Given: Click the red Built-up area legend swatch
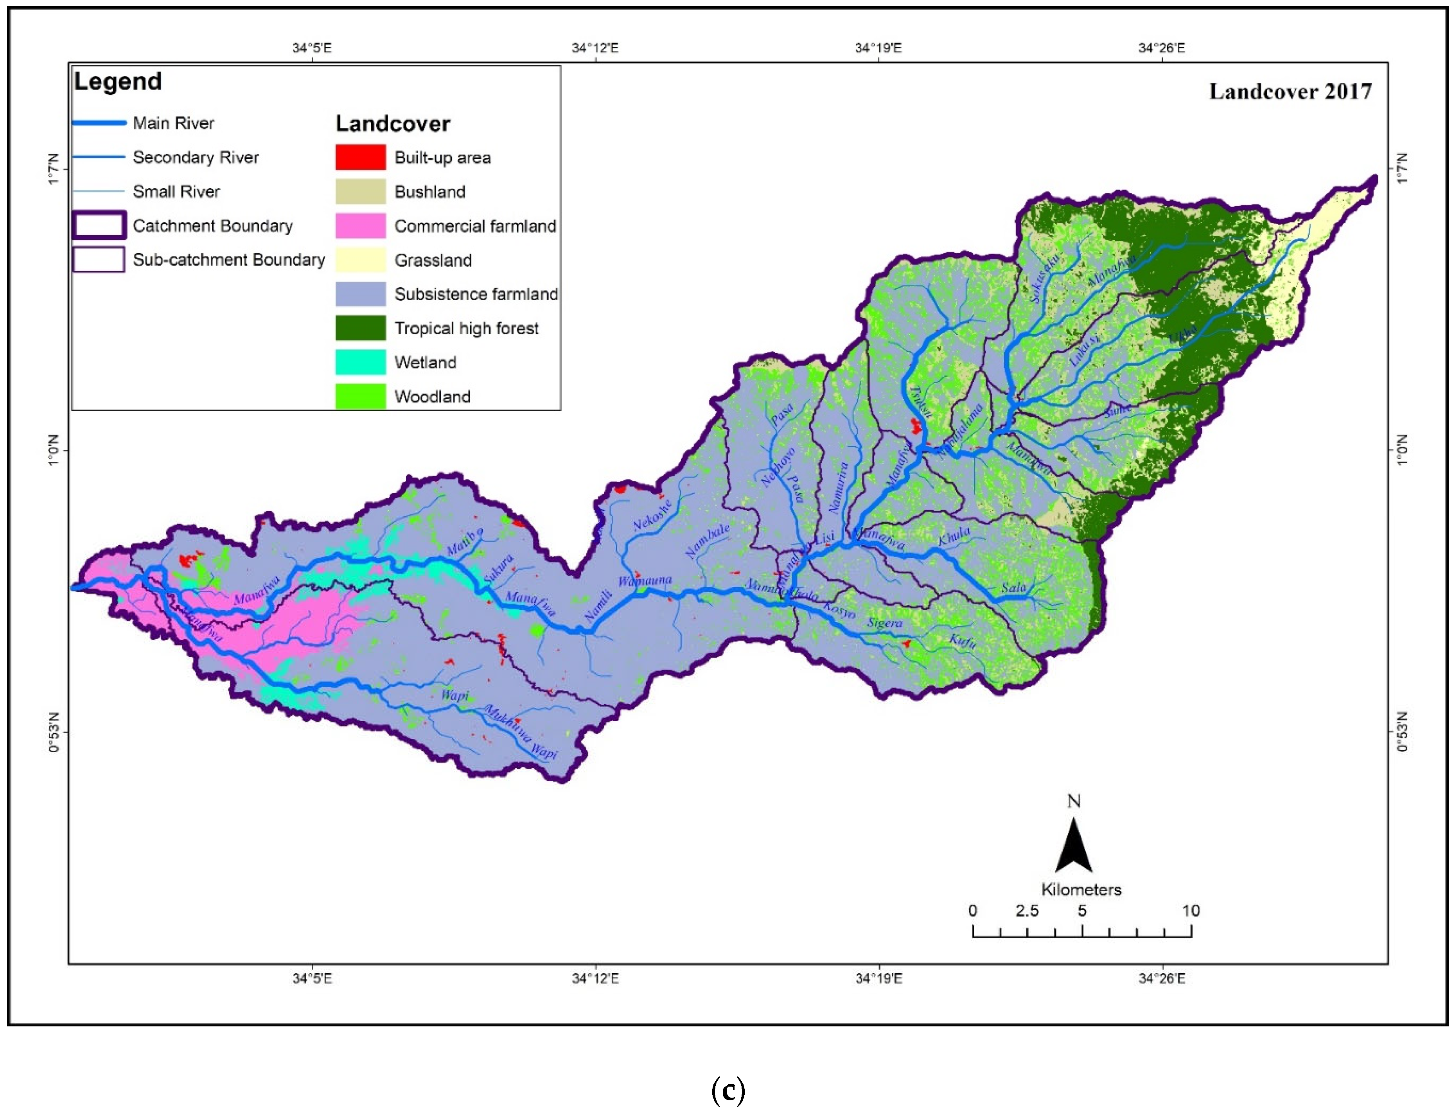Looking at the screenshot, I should [x=360, y=157].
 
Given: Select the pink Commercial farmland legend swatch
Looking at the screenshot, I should [x=360, y=225].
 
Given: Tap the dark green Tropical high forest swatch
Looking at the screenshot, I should [x=360, y=327].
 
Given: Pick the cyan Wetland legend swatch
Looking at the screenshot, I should [x=360, y=362].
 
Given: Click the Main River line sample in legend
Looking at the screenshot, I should [x=99, y=123].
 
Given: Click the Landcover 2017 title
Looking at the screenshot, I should [x=1290, y=92].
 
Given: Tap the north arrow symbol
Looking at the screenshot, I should [x=1073, y=845].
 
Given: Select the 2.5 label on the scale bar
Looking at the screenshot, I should [x=1027, y=911].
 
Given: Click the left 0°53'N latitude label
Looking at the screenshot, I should [x=54, y=732].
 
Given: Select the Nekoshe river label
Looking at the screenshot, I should [x=652, y=515].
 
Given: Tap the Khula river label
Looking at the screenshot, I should [x=954, y=536].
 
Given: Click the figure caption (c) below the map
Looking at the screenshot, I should [x=727, y=1090].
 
